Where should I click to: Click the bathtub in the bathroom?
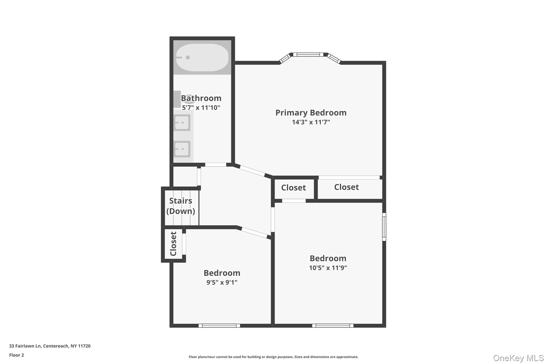tap(202, 58)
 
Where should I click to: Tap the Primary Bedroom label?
tap(311, 113)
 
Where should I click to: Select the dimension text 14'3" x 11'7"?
tap(311, 122)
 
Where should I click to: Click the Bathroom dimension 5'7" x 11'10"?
tap(201, 108)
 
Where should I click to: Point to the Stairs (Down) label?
tap(181, 206)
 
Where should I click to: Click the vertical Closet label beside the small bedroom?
tap(173, 244)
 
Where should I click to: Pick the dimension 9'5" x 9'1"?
tap(222, 282)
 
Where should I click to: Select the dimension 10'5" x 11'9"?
tap(328, 268)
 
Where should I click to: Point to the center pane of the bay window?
tap(308, 55)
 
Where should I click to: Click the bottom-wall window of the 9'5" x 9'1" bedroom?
tap(219, 326)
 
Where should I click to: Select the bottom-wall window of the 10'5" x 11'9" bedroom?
tap(333, 326)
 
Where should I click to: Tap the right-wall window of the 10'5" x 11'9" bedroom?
tap(384, 227)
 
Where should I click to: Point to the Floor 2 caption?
tap(17, 355)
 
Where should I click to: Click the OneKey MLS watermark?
tap(518, 358)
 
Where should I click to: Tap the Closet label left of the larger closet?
tap(294, 188)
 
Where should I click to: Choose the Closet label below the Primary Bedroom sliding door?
tap(346, 187)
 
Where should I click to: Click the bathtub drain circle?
tap(188, 58)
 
